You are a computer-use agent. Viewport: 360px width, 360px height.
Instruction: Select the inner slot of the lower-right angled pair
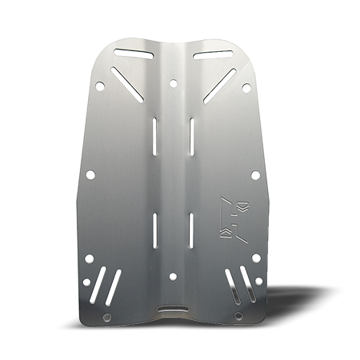[x=230, y=282]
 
